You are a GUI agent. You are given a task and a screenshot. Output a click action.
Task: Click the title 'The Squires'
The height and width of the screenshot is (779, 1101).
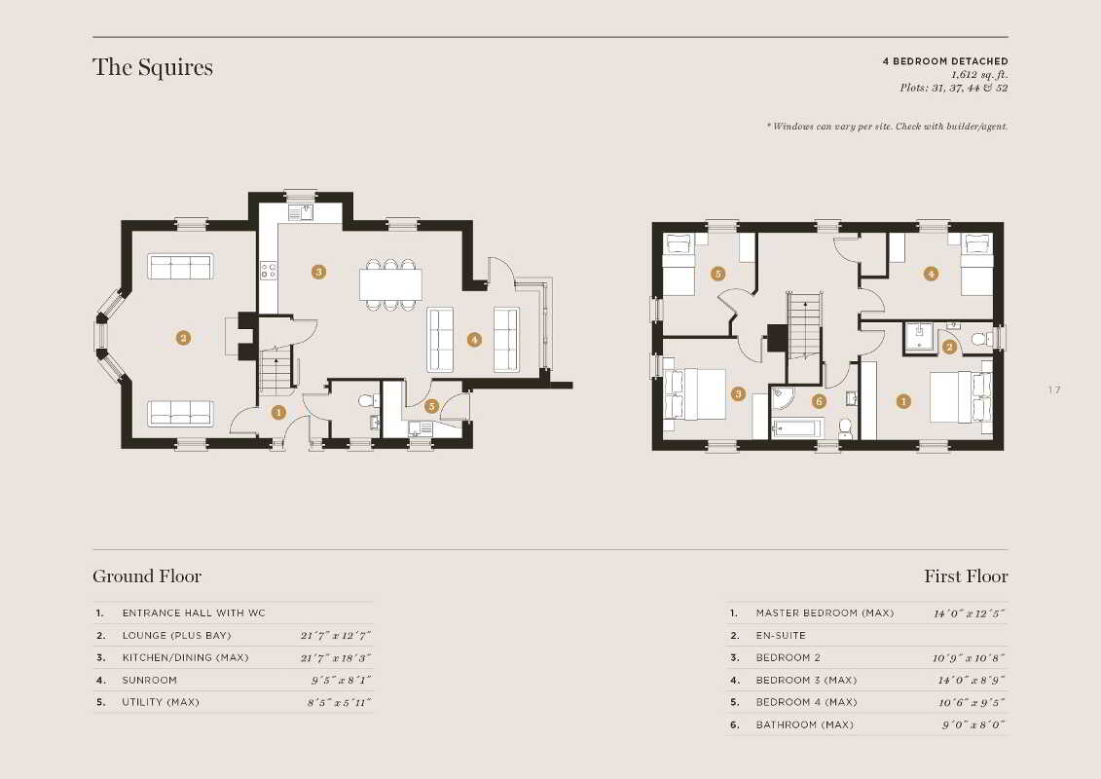pyautogui.click(x=153, y=67)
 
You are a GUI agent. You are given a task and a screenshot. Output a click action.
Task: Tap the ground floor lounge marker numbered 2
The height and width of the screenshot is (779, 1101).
pyautogui.click(x=183, y=338)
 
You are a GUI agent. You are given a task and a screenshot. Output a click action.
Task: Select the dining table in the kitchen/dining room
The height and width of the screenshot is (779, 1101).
pyautogui.click(x=391, y=284)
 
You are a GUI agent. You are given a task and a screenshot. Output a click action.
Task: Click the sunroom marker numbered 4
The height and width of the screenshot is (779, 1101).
pyautogui.click(x=475, y=339)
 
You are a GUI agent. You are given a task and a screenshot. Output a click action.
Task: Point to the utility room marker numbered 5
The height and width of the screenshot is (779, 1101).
pyautogui.click(x=432, y=405)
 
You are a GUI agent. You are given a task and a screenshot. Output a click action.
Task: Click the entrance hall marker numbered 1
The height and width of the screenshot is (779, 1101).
pyautogui.click(x=278, y=412)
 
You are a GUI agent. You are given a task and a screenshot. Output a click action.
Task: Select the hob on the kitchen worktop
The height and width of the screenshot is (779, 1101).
pyautogui.click(x=269, y=270)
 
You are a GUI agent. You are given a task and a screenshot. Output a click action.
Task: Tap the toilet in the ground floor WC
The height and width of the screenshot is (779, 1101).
pyautogui.click(x=367, y=401)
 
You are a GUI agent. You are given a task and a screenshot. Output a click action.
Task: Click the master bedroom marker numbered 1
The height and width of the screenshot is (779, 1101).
pyautogui.click(x=903, y=401)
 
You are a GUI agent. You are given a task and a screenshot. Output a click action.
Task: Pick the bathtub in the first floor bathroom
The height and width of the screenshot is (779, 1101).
pyautogui.click(x=797, y=427)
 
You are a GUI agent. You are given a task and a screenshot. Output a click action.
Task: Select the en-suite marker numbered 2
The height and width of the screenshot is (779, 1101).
pyautogui.click(x=949, y=347)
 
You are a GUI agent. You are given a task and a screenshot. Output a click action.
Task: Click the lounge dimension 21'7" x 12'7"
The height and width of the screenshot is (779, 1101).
pyautogui.click(x=336, y=636)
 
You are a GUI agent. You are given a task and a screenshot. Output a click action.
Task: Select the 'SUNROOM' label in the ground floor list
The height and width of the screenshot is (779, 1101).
pyautogui.click(x=150, y=680)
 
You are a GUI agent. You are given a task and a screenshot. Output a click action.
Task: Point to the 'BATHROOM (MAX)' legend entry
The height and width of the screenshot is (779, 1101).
pyautogui.click(x=805, y=724)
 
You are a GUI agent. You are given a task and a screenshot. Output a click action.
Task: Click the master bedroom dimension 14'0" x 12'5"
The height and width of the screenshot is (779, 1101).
pyautogui.click(x=969, y=613)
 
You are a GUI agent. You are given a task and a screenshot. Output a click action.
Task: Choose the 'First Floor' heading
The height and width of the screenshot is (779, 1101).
pyautogui.click(x=966, y=576)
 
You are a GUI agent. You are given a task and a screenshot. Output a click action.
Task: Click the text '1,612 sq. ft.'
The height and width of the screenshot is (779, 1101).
pyautogui.click(x=979, y=74)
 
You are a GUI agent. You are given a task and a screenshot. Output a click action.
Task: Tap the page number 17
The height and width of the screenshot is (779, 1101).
pyautogui.click(x=1054, y=389)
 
